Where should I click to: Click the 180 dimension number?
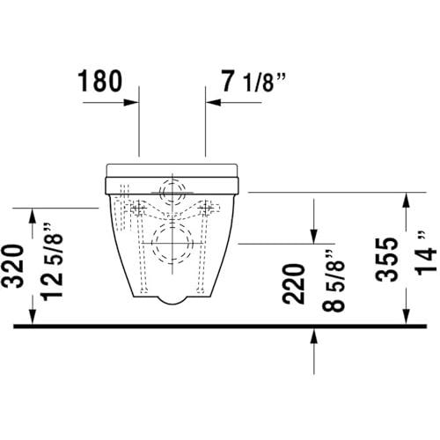[99, 81]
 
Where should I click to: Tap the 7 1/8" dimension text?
[253, 81]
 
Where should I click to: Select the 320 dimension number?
[13, 266]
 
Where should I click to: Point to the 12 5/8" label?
[53, 260]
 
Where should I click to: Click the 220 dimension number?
[293, 283]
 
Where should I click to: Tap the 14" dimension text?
[427, 253]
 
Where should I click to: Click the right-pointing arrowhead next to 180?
[131, 102]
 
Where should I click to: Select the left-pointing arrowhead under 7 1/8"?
[213, 102]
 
